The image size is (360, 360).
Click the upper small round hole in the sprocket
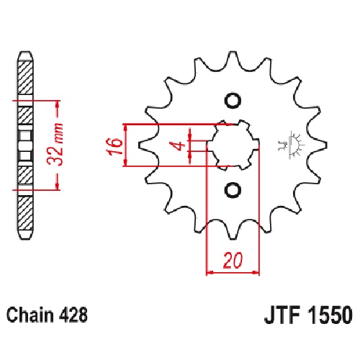point(233,100)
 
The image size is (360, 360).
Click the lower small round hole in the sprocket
point(233,190)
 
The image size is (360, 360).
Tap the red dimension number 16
point(114,146)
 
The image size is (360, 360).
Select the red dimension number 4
point(179,146)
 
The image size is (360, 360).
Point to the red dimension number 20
point(233,261)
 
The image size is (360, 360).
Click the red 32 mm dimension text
point(55,145)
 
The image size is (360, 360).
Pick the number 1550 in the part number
point(331,315)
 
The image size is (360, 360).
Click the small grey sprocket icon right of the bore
point(292,144)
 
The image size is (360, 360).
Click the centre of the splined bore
point(233,145)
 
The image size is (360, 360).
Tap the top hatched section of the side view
point(25,78)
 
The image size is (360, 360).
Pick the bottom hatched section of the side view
point(25,212)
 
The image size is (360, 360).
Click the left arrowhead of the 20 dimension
point(210,272)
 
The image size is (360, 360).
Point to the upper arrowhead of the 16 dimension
point(125,128)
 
